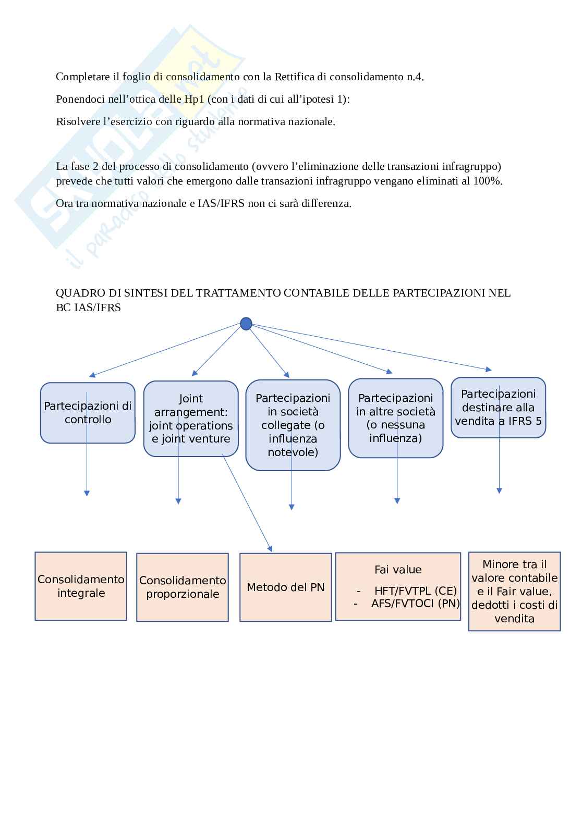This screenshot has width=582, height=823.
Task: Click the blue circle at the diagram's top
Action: [x=246, y=324]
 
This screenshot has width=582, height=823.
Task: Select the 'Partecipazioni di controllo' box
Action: [x=88, y=413]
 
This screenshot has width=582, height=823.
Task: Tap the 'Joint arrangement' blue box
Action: [x=191, y=419]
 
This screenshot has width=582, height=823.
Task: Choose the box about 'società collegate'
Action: [x=293, y=425]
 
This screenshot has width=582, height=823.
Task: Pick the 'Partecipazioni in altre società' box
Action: [x=395, y=419]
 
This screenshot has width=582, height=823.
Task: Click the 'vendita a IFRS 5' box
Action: [x=498, y=408]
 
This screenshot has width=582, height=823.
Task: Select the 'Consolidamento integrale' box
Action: [x=81, y=586]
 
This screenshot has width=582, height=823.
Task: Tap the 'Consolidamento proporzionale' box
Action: [x=183, y=587]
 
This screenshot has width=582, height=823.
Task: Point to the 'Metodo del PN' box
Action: [x=285, y=587]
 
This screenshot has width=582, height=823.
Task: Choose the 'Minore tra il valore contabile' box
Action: [x=514, y=591]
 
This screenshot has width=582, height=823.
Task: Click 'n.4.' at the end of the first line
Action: [x=415, y=77]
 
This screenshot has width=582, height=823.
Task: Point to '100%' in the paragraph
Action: [x=490, y=181]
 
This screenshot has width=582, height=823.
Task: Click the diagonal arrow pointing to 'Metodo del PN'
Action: [x=247, y=503]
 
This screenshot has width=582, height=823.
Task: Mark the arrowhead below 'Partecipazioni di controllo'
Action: [x=87, y=493]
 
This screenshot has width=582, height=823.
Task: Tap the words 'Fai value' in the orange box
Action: [x=397, y=570]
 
